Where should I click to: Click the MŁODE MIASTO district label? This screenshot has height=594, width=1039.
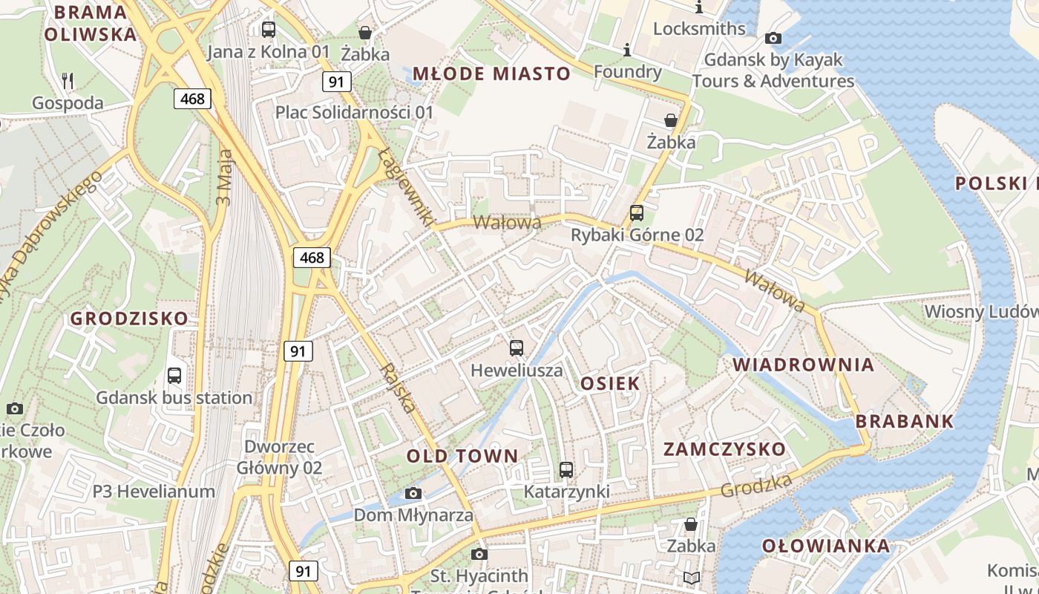491,74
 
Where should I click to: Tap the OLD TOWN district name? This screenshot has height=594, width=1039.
462,456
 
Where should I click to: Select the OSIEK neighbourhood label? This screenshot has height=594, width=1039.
610,383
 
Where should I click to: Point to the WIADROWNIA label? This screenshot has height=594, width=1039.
804,365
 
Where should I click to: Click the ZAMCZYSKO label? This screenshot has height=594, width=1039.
724,449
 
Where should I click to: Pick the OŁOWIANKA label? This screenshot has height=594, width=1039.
826,546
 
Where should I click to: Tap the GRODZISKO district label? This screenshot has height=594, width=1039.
129,319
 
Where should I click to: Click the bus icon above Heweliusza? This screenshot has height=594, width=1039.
517,347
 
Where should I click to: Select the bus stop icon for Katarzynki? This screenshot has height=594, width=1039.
566,469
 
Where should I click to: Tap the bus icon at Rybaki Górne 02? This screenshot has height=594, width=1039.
637,213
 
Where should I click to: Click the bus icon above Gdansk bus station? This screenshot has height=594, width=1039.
174,375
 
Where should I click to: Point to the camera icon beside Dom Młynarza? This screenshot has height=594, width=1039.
413,494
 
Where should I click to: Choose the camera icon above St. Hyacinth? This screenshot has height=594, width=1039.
479,554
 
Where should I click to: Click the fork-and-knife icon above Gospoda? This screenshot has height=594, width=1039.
67,80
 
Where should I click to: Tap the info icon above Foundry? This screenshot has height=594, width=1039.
627,50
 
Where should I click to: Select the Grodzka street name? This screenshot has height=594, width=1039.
756,486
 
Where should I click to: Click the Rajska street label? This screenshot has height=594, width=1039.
398,388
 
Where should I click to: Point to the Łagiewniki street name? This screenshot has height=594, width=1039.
405,186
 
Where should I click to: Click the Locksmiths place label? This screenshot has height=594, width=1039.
699,28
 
